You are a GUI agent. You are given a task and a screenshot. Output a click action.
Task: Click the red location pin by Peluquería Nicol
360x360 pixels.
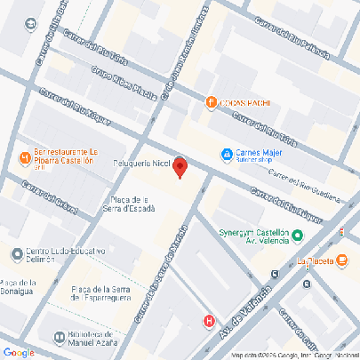179,166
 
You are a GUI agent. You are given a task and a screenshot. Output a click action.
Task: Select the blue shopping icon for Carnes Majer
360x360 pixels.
228,154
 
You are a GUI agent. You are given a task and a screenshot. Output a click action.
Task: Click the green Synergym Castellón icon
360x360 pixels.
298,236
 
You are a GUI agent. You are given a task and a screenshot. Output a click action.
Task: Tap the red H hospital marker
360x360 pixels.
209,322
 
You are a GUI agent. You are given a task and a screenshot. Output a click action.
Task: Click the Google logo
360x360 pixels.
17,352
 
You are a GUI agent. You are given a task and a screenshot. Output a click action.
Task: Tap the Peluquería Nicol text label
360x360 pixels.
140,164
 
